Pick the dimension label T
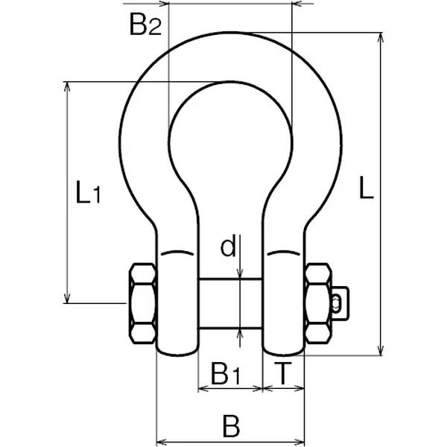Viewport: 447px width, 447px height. point(284,372)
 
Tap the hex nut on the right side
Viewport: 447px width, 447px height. point(318,302)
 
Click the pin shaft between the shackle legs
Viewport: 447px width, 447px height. point(231,302)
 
